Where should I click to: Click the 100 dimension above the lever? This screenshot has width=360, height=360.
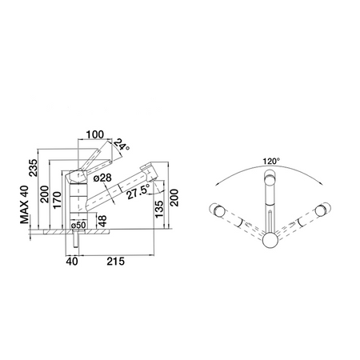[x=95, y=134]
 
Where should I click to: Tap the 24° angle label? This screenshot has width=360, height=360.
[x=121, y=145]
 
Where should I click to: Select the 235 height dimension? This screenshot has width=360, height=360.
[x=34, y=168]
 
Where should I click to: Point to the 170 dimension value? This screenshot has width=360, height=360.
[x=57, y=200]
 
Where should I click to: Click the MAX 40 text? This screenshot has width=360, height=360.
[x=24, y=205]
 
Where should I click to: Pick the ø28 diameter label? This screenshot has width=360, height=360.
[x=102, y=178]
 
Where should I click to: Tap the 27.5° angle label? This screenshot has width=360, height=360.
[x=138, y=193]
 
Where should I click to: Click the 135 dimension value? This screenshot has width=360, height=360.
[x=159, y=209]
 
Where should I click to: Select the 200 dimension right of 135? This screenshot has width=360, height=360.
[x=174, y=198]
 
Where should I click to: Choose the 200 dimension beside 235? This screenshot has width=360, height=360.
[x=44, y=194]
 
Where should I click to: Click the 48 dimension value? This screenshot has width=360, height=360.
[x=102, y=221]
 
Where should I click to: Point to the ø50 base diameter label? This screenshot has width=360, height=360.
[x=78, y=225]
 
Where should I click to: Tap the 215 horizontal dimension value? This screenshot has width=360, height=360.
[x=116, y=262]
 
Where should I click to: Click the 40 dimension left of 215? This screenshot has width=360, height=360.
[x=72, y=262]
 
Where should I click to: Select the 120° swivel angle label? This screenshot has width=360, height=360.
[x=271, y=162]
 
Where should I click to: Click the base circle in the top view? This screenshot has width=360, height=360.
[x=270, y=240]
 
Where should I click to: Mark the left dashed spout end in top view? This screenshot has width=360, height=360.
[x=218, y=210]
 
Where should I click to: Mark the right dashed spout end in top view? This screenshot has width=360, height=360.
[x=322, y=210]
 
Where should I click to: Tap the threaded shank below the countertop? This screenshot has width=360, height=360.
[x=76, y=239]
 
